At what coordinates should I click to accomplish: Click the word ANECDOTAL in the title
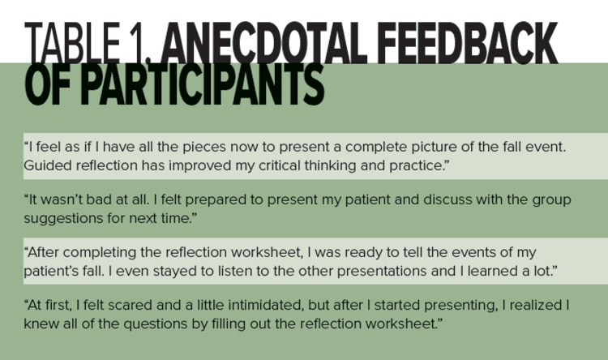coord(264,43)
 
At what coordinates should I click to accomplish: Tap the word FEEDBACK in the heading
coord(468,43)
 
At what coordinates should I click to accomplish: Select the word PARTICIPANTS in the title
coord(203,84)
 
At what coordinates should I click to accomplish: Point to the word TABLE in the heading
coord(72,43)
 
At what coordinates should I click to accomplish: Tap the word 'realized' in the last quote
coord(536,306)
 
